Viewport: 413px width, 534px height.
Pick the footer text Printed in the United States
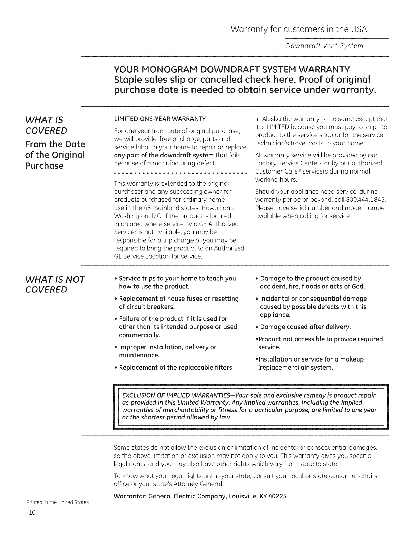click(x=57, y=502)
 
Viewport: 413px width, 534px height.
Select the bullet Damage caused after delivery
click(x=305, y=327)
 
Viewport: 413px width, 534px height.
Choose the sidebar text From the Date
click(x=55, y=144)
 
